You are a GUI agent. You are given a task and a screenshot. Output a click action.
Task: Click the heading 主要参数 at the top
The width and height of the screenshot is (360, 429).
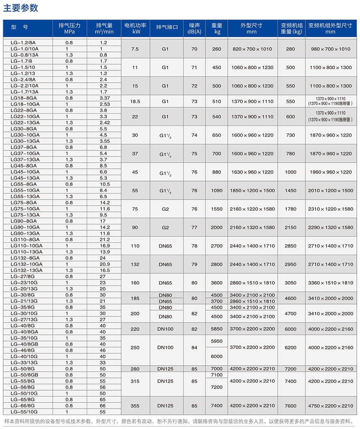pos(21,8)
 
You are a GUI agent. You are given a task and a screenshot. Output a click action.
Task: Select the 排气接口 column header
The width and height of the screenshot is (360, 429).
pos(167,28)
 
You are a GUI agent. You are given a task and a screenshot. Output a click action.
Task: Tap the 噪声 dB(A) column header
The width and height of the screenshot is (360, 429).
pos(194,28)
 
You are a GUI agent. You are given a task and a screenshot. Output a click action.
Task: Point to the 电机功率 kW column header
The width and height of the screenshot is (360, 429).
pos(135,28)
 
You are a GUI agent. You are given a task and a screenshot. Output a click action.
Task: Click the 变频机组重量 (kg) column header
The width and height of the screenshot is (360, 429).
pos(291,28)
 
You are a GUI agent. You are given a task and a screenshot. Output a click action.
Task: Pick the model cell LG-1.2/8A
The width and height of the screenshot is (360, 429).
pos(25,42)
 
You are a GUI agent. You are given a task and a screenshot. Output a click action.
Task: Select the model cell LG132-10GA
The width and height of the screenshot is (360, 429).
pos(27,264)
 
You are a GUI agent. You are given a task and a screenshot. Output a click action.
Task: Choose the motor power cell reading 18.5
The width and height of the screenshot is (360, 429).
pos(135,102)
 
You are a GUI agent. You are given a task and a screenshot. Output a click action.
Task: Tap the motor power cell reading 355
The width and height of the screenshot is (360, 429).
pos(135,406)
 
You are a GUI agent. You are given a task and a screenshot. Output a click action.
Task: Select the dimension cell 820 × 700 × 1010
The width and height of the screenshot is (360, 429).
pos(252,49)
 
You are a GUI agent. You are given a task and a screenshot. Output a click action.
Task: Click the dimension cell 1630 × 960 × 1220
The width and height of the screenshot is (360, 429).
pos(252,172)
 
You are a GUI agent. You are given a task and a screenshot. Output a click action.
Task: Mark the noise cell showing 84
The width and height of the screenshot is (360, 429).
pos(194,347)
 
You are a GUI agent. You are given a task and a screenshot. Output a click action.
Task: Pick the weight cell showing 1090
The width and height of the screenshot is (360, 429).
pos(216,191)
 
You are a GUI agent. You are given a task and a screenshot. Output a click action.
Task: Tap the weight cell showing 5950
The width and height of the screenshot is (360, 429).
pos(216,341)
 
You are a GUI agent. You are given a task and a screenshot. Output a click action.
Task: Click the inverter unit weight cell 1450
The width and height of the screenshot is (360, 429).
pos(291,191)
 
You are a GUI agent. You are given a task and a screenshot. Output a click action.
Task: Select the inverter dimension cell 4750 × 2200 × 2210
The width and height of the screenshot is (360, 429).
pos(330,406)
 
